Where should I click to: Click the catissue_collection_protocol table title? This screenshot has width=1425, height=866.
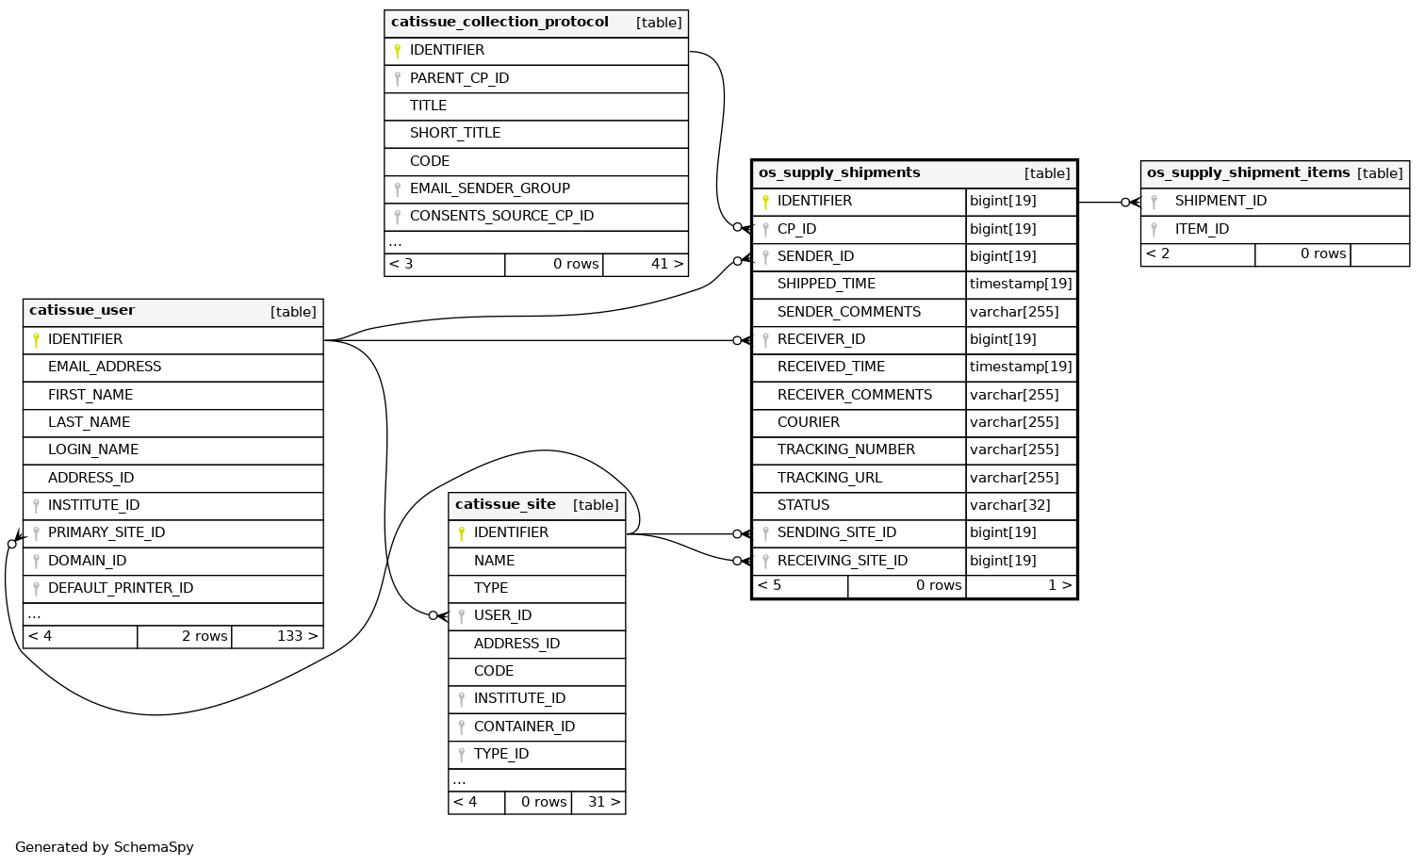point(500,23)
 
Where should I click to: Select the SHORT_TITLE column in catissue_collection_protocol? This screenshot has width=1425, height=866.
point(454,133)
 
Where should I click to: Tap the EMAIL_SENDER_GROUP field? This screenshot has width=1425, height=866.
point(489,188)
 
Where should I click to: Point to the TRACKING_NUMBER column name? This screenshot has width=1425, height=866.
point(845,449)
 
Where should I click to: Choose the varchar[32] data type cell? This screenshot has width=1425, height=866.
point(1009,505)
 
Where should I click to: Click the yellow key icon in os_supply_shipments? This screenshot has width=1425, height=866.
point(765,202)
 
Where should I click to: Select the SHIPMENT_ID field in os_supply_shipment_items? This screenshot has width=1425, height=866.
point(1220,201)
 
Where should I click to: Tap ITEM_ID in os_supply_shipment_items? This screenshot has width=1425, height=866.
point(1202,229)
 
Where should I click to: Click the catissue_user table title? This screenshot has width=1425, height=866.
point(82,311)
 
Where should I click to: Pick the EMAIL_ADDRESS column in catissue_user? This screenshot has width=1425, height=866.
point(105,367)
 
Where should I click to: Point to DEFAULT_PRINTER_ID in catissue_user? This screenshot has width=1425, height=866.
point(121,588)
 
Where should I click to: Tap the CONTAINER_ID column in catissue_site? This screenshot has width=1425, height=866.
point(524,727)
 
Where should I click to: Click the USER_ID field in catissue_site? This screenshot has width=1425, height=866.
point(502,615)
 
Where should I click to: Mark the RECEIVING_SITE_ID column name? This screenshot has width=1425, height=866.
point(842,561)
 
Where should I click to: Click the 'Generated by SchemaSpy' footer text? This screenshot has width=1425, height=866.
point(105,847)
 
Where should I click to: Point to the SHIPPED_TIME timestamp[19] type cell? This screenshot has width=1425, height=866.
point(1021,284)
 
